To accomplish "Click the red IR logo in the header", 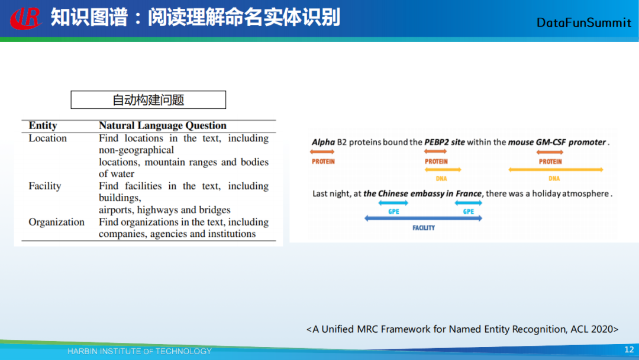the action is click(x=26, y=18).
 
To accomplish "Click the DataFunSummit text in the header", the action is click(x=583, y=23).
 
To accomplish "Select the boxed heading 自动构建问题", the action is click(x=149, y=100).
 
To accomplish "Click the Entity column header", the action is click(x=43, y=126).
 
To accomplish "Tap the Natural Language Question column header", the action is click(x=163, y=126).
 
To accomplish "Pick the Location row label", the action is click(x=48, y=138).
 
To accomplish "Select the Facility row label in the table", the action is click(x=45, y=186).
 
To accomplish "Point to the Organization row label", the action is click(x=57, y=222).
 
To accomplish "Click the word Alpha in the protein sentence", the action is click(x=323, y=142).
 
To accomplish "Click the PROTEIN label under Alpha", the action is click(x=323, y=162).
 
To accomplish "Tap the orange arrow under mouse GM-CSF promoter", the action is click(x=550, y=152).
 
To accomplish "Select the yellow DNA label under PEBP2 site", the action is click(x=441, y=179).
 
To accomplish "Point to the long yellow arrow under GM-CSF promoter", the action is click(x=556, y=169).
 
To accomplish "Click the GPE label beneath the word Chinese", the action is click(x=393, y=211).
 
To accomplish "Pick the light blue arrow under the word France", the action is click(x=468, y=202).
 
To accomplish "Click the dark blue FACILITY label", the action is click(x=424, y=228).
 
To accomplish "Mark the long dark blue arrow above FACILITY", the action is click(x=424, y=218).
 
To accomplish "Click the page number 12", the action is click(x=629, y=350).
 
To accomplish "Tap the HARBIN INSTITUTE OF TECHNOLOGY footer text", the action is click(x=140, y=352).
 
